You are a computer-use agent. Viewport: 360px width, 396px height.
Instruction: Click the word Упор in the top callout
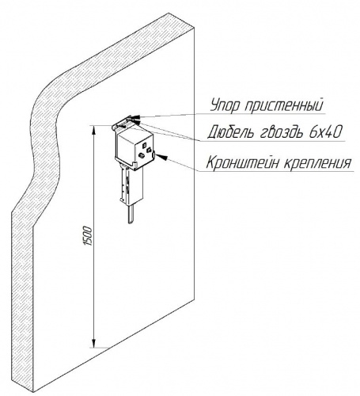225,105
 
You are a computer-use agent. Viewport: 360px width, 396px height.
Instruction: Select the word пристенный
284,106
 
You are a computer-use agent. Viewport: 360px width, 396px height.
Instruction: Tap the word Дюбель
230,131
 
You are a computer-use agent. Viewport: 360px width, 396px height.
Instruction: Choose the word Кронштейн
242,162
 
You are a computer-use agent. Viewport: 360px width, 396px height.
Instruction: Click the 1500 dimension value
88,236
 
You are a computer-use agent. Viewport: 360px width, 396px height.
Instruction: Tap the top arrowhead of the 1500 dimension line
93,130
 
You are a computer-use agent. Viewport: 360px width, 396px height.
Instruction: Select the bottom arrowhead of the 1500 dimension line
93,343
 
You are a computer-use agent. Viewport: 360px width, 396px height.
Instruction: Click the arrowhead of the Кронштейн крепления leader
162,157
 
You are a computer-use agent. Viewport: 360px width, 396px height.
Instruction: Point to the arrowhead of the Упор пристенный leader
135,117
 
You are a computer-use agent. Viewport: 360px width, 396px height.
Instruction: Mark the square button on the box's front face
144,145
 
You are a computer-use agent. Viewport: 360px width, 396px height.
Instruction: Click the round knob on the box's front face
141,155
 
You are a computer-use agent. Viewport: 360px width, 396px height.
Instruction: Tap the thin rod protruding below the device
131,214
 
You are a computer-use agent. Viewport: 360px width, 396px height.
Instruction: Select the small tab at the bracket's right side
153,156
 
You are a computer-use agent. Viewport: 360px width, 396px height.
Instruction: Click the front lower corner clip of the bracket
135,166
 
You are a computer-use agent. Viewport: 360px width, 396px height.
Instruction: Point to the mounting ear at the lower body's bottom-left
122,200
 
